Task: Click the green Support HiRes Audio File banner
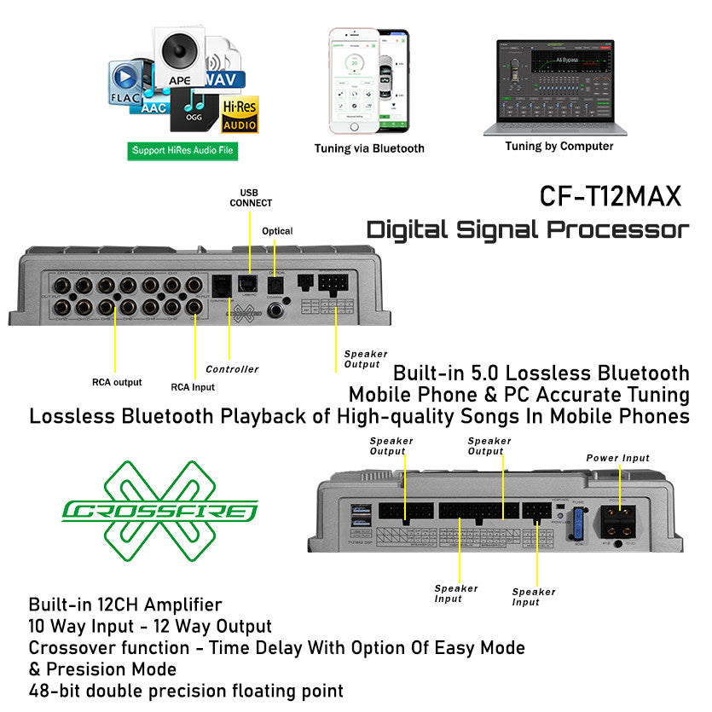point(182,151)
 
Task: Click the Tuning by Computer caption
point(559,146)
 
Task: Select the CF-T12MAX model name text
point(611,196)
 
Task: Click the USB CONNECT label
point(251,198)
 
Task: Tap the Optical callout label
point(277,231)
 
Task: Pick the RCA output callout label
point(117,382)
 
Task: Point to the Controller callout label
point(232,369)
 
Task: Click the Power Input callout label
point(618,458)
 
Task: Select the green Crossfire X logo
point(159,512)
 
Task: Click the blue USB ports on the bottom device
point(360,517)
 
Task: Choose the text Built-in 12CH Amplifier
point(125,605)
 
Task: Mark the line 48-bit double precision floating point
point(186,690)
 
